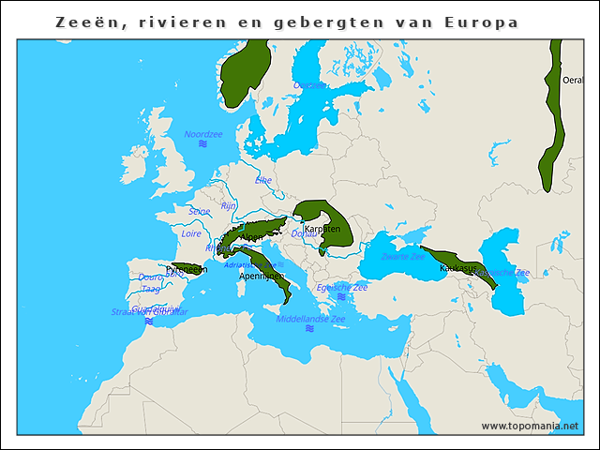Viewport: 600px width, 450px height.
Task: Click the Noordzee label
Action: click(202, 134)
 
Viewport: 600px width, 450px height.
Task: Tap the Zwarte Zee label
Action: click(404, 256)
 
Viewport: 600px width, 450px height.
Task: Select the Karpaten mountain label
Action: click(322, 229)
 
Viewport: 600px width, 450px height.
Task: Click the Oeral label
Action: click(571, 81)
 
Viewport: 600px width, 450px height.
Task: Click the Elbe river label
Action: click(263, 179)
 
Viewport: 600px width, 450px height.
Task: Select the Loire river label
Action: click(191, 233)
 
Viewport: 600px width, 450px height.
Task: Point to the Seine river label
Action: click(200, 212)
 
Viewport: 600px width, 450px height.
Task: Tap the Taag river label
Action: click(150, 289)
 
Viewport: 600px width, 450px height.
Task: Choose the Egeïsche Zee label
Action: click(341, 287)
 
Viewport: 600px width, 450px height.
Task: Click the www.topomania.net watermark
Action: click(530, 426)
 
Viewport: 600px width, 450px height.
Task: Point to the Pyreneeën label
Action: click(186, 269)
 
